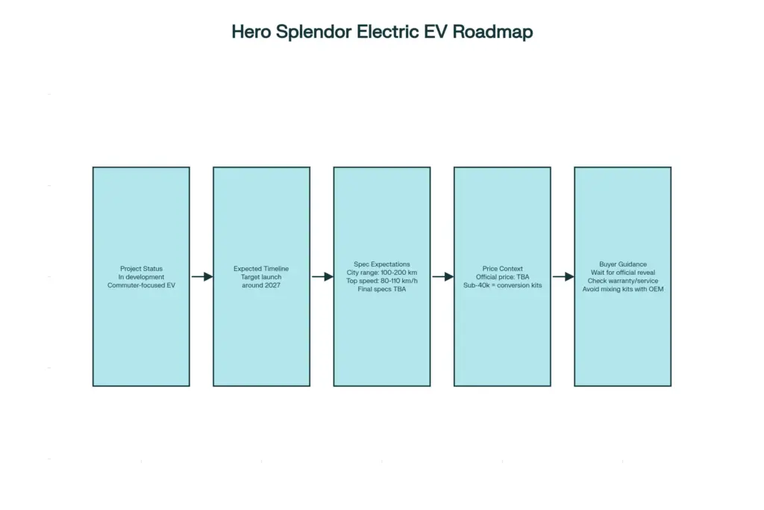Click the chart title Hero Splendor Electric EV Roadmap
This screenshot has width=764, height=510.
pyautogui.click(x=382, y=32)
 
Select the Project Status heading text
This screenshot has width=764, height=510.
pyautogui.click(x=141, y=269)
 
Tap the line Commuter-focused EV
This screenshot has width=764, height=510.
pyautogui.click(x=141, y=285)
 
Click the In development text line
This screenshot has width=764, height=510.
pyautogui.click(x=141, y=277)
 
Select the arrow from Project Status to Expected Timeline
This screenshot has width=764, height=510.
pyautogui.click(x=201, y=276)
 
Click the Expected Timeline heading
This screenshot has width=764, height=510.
pyautogui.click(x=261, y=269)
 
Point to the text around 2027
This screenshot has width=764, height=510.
pyautogui.click(x=261, y=285)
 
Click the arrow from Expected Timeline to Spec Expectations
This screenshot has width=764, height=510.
pyautogui.click(x=322, y=276)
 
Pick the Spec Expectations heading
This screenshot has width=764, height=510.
pyautogui.click(x=382, y=264)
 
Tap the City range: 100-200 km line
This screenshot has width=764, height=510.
pyautogui.click(x=382, y=273)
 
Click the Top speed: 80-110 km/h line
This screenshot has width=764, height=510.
pyautogui.click(x=382, y=281)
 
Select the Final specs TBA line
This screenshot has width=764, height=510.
pyautogui.click(x=382, y=289)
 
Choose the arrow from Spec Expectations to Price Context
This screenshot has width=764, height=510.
pyautogui.click(x=442, y=276)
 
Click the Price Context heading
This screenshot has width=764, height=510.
pyautogui.click(x=502, y=269)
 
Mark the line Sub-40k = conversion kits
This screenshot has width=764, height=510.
pyautogui.click(x=502, y=285)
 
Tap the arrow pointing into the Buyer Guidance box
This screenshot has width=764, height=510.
pyautogui.click(x=563, y=276)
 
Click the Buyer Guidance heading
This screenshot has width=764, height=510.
pyautogui.click(x=622, y=264)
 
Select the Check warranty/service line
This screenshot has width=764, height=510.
pyautogui.click(x=622, y=281)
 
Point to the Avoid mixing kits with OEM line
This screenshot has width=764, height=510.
pyautogui.click(x=622, y=289)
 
